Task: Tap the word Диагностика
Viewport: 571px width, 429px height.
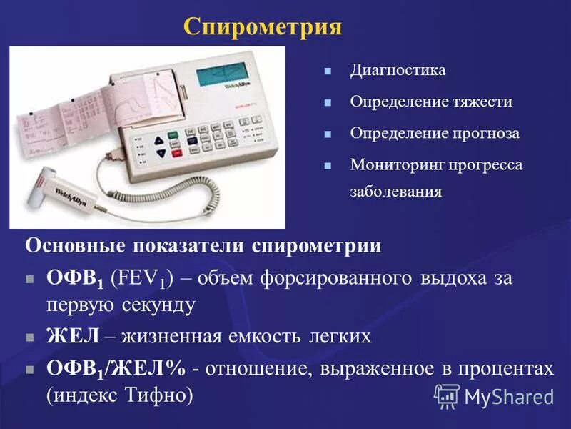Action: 398,70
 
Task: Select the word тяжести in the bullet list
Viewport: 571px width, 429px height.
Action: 480,102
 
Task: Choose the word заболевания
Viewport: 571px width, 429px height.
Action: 395,192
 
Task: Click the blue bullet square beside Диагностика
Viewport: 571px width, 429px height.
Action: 328,71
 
